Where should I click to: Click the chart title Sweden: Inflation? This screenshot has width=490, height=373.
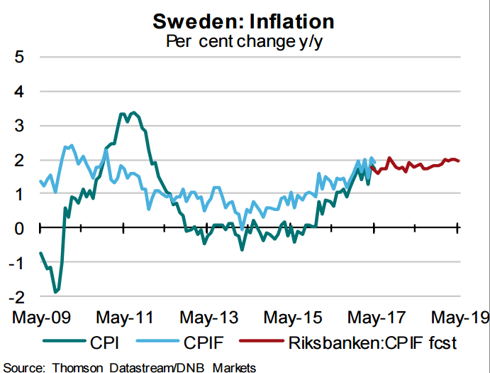click(244, 22)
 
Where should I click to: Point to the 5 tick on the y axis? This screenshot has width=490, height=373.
click(19, 58)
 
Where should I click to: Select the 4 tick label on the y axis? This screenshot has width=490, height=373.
click(19, 92)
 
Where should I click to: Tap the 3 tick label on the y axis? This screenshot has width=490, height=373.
click(19, 126)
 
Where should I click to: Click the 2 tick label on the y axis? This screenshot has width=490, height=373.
click(19, 160)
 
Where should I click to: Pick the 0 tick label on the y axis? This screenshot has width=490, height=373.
click(19, 228)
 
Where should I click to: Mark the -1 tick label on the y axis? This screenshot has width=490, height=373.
click(16, 262)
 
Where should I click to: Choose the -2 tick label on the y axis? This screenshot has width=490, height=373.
click(16, 296)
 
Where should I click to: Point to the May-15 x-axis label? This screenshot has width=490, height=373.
click(291, 315)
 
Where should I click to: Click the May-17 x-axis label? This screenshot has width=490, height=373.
click(374, 315)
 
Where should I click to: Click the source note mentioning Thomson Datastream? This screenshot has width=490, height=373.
click(128, 367)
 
